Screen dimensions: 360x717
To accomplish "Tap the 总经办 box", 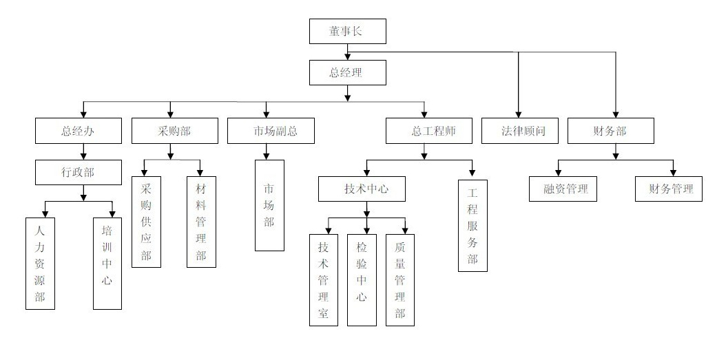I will pyautogui.click(x=78, y=131).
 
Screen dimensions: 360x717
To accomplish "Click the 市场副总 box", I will pyautogui.click(x=271, y=131).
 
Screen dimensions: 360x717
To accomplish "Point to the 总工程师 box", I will pyautogui.click(x=429, y=131).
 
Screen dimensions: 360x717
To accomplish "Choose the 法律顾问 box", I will pyautogui.click(x=519, y=131).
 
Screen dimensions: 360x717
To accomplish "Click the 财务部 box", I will pyautogui.click(x=610, y=131).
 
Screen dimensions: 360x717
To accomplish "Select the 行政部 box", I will pyautogui.click(x=78, y=172).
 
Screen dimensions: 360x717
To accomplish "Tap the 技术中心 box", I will pyautogui.click(x=362, y=189).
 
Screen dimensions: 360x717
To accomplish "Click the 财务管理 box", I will pyautogui.click(x=668, y=189).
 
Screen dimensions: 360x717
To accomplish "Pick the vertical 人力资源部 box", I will pyautogui.click(x=40, y=263).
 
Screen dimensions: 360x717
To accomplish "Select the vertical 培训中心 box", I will pyautogui.click(x=107, y=263).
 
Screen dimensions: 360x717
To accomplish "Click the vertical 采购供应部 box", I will pyautogui.click(x=146, y=222).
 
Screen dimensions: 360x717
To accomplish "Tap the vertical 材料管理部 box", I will pyautogui.click(x=201, y=222).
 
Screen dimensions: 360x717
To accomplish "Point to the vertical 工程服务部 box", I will pyautogui.click(x=472, y=225).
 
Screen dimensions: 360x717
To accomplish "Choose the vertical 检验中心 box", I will pyautogui.click(x=362, y=279).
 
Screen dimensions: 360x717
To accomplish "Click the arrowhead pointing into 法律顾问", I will pyautogui.click(x=518, y=114).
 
